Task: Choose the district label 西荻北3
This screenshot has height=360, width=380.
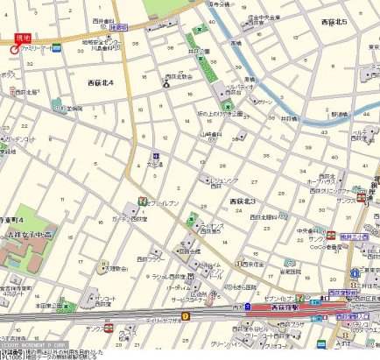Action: click(242, 201)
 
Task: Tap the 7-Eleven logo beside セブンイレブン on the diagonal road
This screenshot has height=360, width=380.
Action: click(139, 203)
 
